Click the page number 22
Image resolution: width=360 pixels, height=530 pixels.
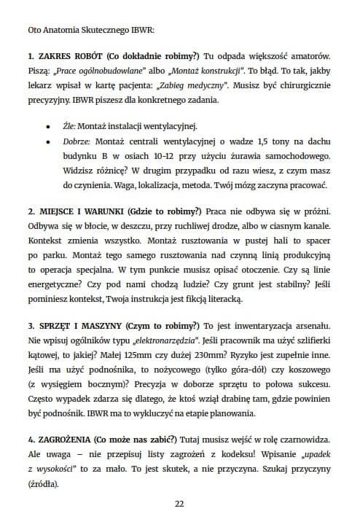click(179, 503)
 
